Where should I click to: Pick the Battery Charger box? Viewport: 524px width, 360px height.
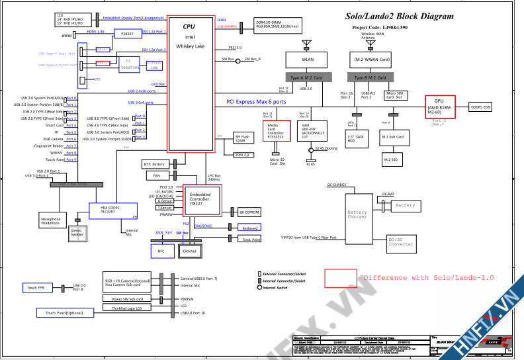click(x=357, y=214)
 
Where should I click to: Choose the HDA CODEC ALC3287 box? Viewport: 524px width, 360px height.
click(x=113, y=210)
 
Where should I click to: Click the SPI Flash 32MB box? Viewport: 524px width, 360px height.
click(x=243, y=139)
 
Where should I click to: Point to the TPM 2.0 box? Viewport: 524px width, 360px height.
click(x=243, y=155)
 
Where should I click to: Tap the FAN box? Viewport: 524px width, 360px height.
click(x=156, y=176)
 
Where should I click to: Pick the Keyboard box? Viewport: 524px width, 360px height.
click(x=249, y=228)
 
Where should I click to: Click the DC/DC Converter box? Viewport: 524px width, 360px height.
click(x=401, y=243)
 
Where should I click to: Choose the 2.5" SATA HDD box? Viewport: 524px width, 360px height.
click(x=356, y=138)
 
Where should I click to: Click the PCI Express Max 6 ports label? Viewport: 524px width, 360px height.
click(x=256, y=102)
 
